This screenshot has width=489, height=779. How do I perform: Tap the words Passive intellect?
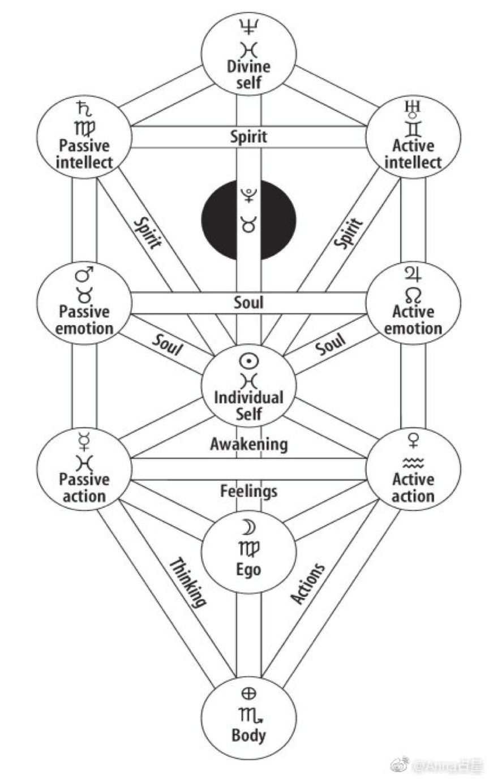tap(84, 154)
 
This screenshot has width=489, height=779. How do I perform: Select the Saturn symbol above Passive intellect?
tap(83, 108)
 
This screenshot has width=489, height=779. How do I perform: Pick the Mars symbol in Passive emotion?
tap(84, 276)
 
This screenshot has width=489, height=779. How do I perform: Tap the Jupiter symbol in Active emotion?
tap(413, 275)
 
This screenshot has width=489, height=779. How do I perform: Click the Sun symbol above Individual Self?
tap(248, 360)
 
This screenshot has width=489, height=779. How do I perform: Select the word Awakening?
tap(248, 444)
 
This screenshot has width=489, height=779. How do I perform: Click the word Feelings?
tap(248, 490)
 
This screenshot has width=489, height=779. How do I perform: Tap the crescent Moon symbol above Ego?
tap(249, 528)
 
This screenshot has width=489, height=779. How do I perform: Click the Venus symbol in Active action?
tap(413, 441)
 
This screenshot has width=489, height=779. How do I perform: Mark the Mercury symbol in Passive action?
tap(83, 441)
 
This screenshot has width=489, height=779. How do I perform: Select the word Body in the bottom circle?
tap(248, 735)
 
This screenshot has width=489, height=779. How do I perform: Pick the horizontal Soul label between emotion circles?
tap(248, 302)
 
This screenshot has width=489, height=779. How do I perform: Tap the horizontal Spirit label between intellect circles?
tap(248, 136)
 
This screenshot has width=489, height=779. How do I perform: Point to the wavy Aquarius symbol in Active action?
tap(413, 463)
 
